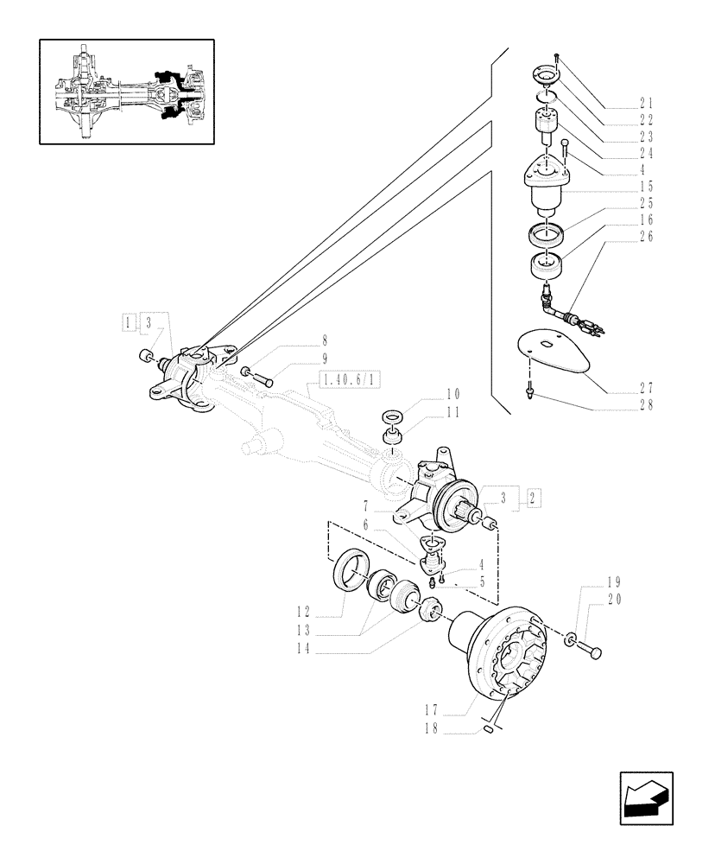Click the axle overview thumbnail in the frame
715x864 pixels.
[x=126, y=92]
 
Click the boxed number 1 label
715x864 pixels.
[x=129, y=323]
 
